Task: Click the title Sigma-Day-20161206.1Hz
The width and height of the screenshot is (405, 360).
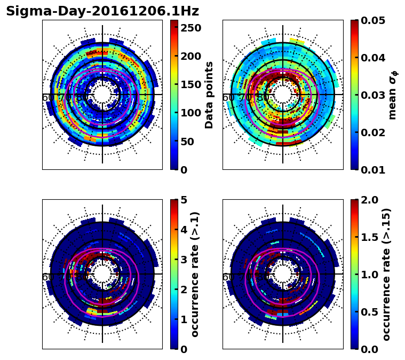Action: tap(102, 11)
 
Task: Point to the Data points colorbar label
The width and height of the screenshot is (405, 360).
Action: tap(209, 95)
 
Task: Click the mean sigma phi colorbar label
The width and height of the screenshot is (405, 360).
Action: tap(392, 95)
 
